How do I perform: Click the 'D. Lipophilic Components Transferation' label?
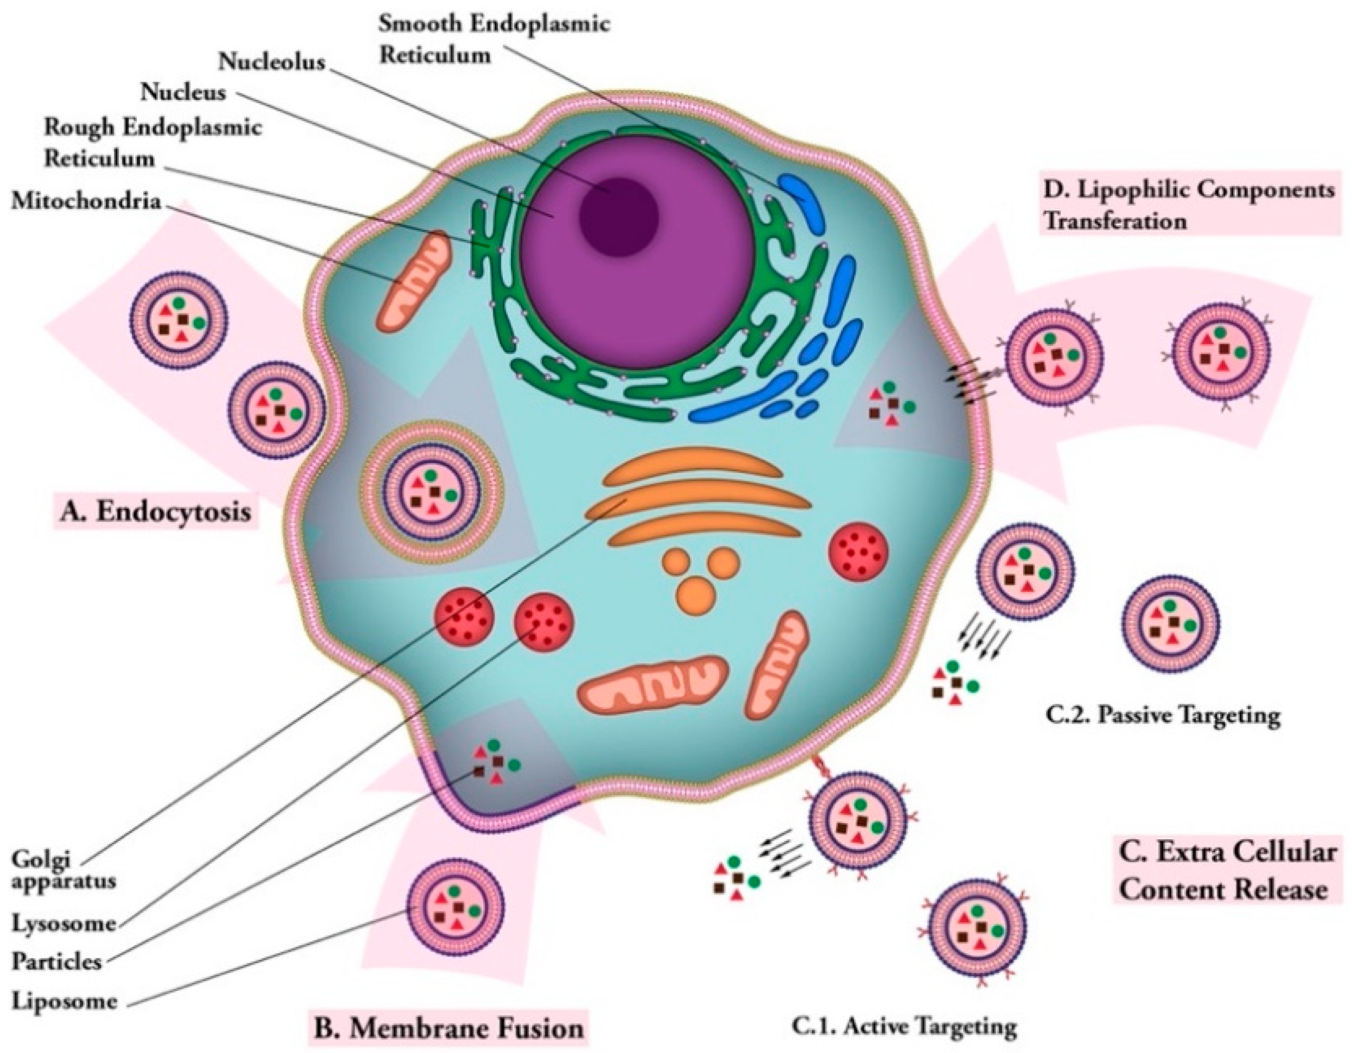coord(1187,204)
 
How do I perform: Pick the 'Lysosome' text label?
coord(64,923)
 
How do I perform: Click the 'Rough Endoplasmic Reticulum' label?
coord(152,142)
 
